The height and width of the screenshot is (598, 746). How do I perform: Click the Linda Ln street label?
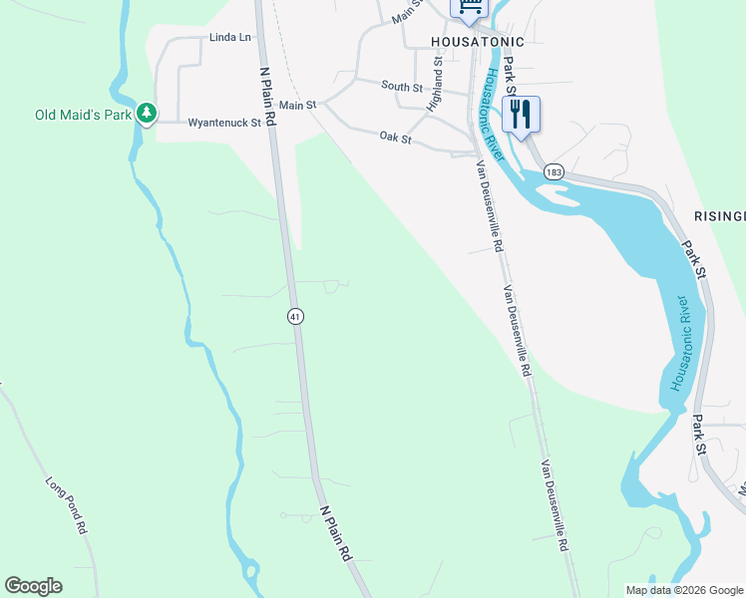tap(229, 38)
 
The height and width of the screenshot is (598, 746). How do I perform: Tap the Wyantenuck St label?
tap(223, 124)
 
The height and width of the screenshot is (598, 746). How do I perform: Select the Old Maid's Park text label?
tap(84, 115)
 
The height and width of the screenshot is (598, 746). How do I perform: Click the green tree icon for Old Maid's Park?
tap(147, 114)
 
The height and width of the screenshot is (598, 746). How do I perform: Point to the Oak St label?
tap(395, 139)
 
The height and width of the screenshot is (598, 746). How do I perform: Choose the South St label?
tap(403, 87)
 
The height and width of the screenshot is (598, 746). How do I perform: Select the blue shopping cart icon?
tap(470, 8)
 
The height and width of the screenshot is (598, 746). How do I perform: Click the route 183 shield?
tap(555, 172)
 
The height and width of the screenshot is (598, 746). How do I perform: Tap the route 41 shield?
tap(295, 316)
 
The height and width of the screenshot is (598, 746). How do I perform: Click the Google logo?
tap(33, 586)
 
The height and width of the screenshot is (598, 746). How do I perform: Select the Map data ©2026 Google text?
tap(683, 590)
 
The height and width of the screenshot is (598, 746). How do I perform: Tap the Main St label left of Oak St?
tap(297, 105)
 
